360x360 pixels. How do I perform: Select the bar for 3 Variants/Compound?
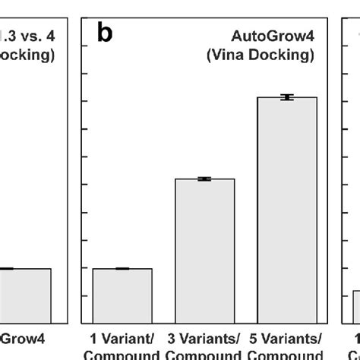(x=204, y=250)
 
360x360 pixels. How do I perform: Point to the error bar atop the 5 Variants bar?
(x=286, y=97)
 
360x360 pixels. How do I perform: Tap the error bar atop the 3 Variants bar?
(x=204, y=179)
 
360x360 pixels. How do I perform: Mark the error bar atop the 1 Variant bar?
(x=122, y=269)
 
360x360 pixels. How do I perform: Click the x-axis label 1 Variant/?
(x=122, y=338)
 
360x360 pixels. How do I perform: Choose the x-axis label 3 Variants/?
(x=204, y=338)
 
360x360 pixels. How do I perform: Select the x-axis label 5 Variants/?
(x=286, y=338)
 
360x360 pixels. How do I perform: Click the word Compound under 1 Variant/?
(x=122, y=355)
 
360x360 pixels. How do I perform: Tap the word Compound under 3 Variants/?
(x=204, y=355)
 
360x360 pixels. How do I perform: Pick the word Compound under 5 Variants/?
(x=286, y=355)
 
